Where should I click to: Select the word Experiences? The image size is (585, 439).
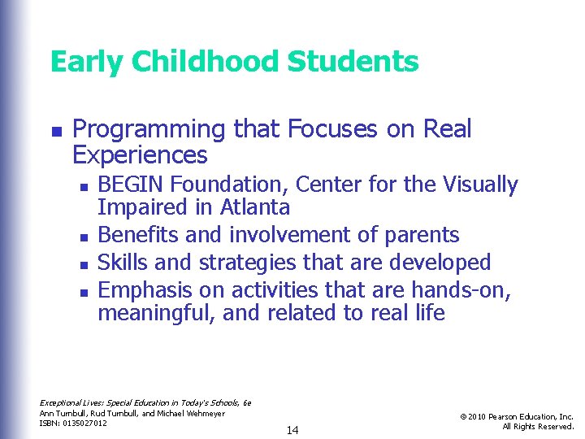[x=140, y=154]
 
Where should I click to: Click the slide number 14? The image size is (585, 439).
[x=292, y=430]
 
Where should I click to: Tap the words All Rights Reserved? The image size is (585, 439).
[x=538, y=427]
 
